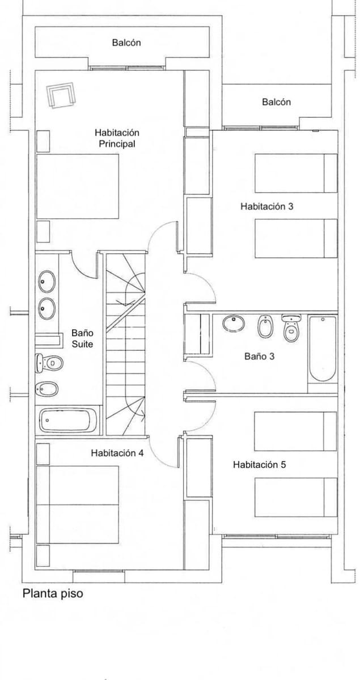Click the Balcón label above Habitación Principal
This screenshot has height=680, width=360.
126,42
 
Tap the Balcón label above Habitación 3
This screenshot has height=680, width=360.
276,102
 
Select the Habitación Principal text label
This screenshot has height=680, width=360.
117,138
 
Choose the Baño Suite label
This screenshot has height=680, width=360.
82,339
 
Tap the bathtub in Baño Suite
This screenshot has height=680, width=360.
68,420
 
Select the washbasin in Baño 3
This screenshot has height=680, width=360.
233,324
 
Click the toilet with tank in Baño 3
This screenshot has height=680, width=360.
291,328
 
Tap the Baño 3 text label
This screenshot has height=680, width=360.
260,356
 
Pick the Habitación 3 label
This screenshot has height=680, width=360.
266,207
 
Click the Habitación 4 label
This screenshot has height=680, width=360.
117,453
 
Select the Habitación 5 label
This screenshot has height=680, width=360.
260,465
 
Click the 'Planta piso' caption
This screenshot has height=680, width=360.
53,594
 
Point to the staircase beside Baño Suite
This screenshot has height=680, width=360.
125,346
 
